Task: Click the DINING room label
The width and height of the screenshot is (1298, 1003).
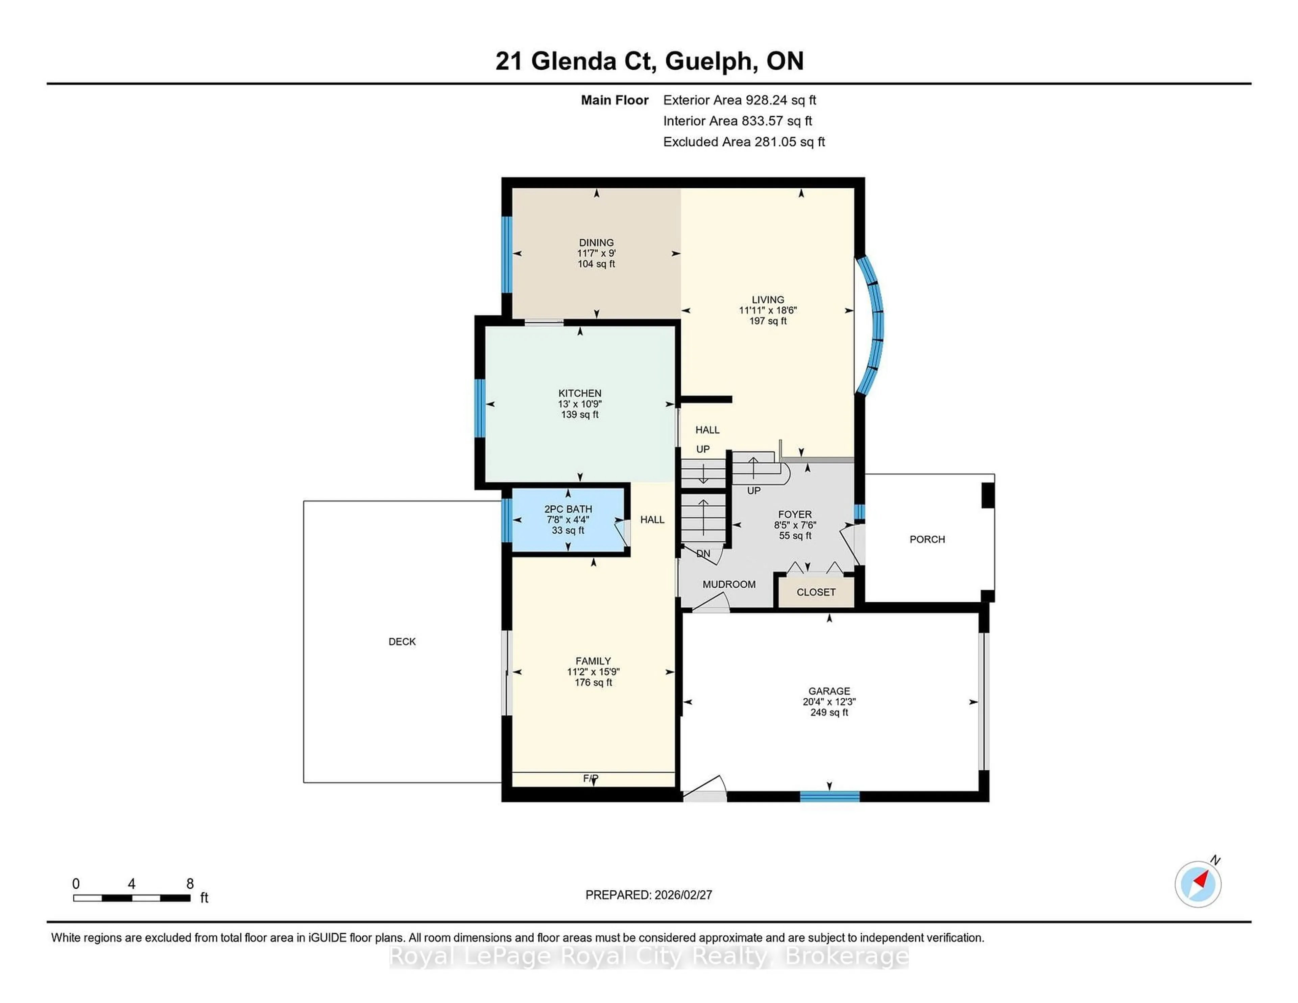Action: tap(596, 242)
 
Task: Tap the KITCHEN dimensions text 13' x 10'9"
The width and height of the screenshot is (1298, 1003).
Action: tap(579, 404)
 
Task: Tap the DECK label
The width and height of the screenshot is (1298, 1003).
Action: tap(402, 642)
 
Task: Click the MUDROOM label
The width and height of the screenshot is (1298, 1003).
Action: tap(729, 584)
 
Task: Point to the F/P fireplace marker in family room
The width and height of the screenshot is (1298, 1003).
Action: tap(590, 778)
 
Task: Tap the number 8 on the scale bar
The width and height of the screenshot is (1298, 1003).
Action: tap(190, 884)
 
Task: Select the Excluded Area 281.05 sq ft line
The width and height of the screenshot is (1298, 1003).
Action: tap(744, 141)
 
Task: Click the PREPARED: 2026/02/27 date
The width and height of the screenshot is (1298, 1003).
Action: tap(648, 895)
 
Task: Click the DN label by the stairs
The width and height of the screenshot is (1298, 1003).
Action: tap(703, 554)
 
